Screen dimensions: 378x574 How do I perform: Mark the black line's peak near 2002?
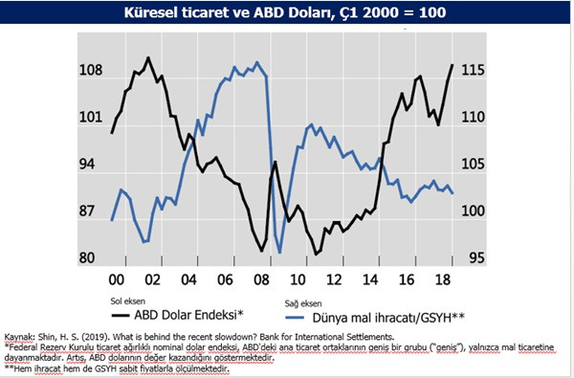pyautogui.click(x=147, y=57)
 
